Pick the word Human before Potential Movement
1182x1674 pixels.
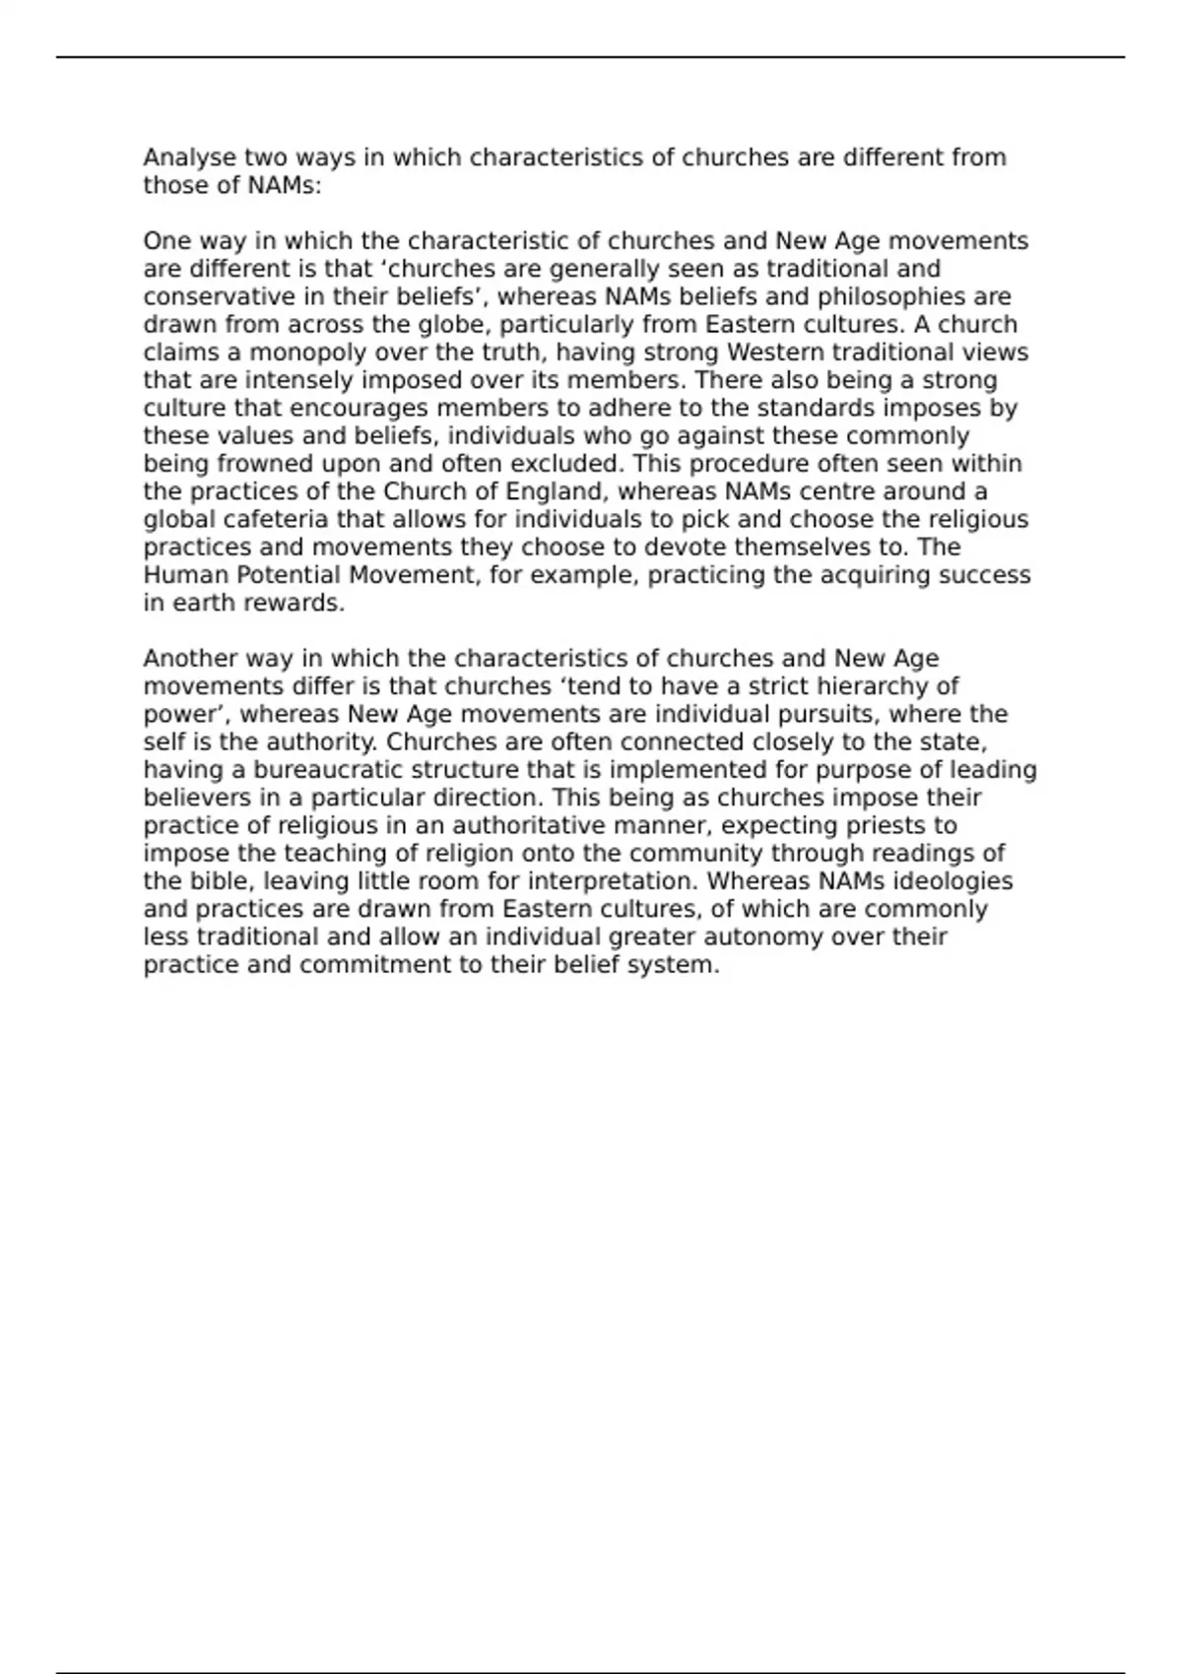pyautogui.click(x=186, y=575)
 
